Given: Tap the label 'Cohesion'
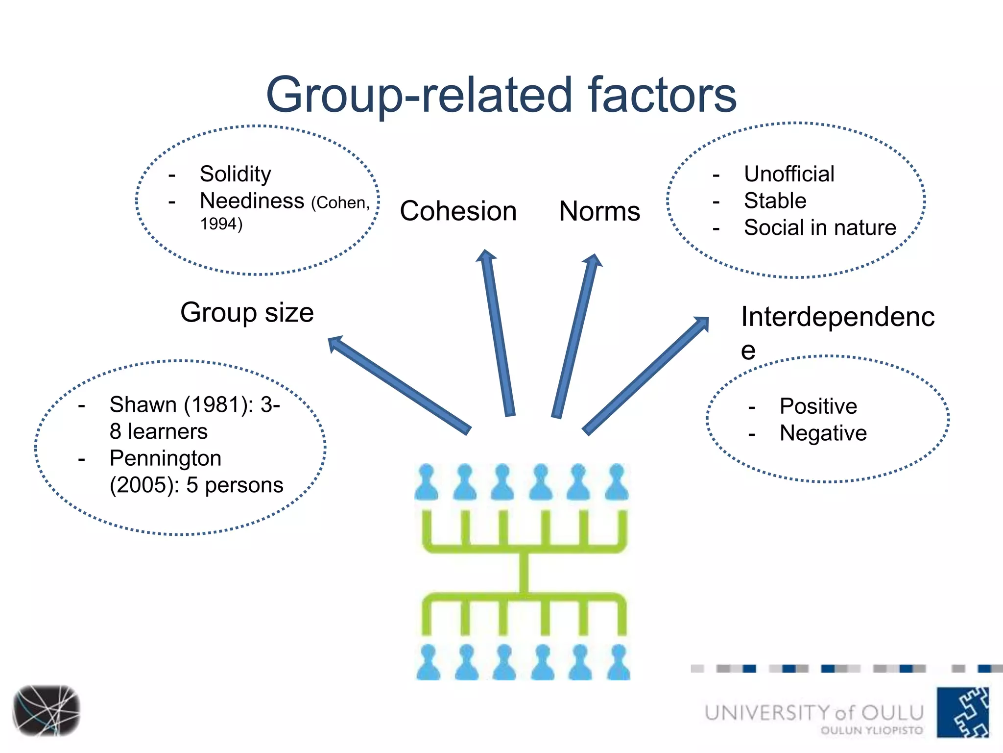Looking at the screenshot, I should click(458, 211).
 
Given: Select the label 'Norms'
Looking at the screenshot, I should click(599, 211).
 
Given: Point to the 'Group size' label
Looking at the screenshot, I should click(247, 313).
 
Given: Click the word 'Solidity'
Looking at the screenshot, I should click(235, 174).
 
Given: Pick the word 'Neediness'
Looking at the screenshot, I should click(252, 201).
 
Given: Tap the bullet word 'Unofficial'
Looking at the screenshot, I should click(789, 174).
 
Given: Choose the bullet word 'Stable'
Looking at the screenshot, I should click(775, 201).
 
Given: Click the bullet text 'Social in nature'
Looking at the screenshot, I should click(820, 227).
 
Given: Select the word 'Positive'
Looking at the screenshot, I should click(818, 406).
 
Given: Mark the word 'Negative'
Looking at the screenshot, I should click(823, 433).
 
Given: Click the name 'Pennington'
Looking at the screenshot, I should click(165, 458).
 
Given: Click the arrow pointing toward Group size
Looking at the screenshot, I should click(399, 385).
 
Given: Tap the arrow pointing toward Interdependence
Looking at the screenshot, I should click(645, 376).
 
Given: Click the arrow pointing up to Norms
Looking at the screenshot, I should click(576, 336).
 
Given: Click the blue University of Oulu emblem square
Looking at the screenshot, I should click(962, 712).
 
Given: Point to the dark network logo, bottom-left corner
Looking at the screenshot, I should click(47, 710).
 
